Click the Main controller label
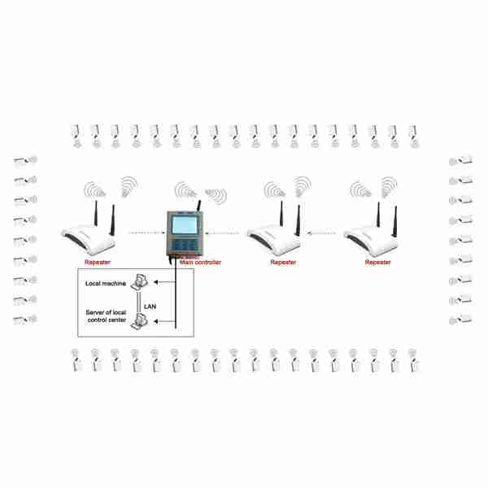(200, 263)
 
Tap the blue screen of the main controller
(185, 224)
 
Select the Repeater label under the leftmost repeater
(98, 263)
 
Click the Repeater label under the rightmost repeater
(378, 263)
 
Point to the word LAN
(150, 307)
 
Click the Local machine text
(106, 284)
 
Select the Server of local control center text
(106, 316)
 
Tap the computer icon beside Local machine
(139, 282)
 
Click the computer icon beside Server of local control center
(139, 321)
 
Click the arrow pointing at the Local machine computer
(164, 282)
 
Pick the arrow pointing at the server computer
(164, 321)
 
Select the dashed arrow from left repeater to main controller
(147, 233)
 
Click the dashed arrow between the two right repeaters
(321, 233)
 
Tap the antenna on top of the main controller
(198, 206)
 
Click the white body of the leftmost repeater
(89, 240)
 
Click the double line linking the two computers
(139, 302)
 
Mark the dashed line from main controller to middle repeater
(222, 233)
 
